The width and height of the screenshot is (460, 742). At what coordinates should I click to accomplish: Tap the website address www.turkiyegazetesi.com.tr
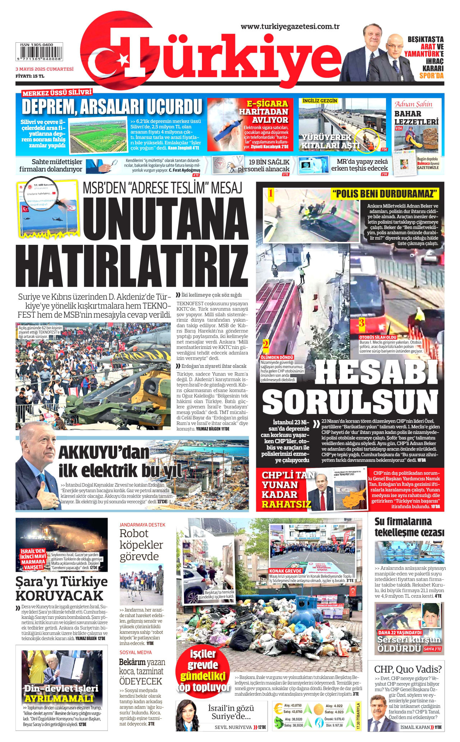click(x=290, y=26)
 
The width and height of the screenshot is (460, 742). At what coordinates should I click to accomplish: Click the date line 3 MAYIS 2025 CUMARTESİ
click(x=44, y=69)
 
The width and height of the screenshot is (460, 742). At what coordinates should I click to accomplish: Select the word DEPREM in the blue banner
click(x=48, y=107)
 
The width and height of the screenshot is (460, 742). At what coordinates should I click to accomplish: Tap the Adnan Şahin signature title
click(x=413, y=104)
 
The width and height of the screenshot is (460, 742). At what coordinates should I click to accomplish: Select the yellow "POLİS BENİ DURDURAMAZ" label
click(x=385, y=194)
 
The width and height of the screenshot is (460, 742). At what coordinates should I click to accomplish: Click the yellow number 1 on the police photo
click(x=271, y=193)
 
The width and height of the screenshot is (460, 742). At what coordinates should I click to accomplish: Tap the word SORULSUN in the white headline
click(x=350, y=402)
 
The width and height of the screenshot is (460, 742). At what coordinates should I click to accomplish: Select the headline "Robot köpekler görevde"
click(x=141, y=545)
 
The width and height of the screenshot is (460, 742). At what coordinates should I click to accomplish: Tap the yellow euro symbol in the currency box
click(x=278, y=709)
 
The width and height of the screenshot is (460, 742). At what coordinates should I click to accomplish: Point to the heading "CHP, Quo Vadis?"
click(x=408, y=669)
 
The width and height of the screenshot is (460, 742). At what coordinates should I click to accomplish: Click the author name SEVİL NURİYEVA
click(x=233, y=727)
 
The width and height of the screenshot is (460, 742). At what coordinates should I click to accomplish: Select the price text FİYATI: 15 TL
click(x=30, y=76)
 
